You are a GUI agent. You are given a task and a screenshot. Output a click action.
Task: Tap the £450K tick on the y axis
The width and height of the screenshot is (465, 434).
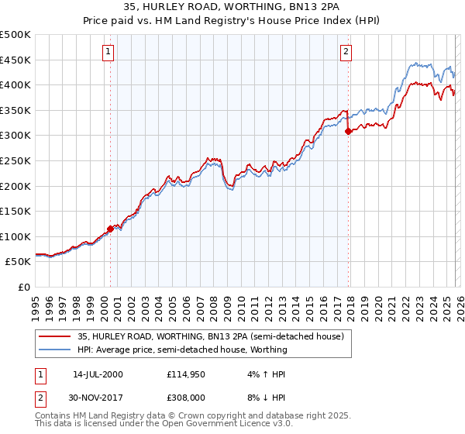(15, 60)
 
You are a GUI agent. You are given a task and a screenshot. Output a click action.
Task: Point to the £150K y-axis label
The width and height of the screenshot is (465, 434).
(15, 211)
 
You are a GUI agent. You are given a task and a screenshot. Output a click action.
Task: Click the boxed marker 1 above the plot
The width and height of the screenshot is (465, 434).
(107, 52)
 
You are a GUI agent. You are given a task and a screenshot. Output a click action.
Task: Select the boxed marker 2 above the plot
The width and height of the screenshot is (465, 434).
(346, 52)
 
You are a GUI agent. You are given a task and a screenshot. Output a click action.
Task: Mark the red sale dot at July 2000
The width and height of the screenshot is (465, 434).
(111, 229)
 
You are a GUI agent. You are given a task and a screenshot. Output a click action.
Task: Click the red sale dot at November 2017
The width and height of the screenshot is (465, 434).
(348, 131)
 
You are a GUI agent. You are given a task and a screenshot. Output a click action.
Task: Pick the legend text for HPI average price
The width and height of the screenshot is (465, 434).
(182, 350)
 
